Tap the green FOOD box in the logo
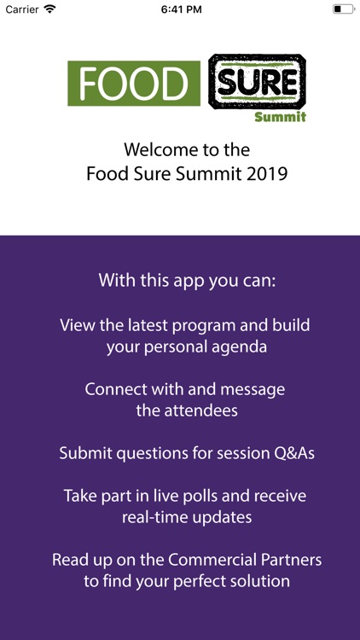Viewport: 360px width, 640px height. coord(134,83)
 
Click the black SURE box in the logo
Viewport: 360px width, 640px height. coord(257,83)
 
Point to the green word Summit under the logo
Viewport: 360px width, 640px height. coord(279,116)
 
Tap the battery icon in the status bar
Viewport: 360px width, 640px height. coord(343,9)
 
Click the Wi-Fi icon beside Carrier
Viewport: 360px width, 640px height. coord(50,9)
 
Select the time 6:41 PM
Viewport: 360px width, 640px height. coord(180,9)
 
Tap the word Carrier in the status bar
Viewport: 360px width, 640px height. coord(23,9)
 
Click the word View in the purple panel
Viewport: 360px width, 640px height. coord(76,325)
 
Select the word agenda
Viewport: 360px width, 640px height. coord(224,347)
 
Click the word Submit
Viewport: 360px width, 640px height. coord(87,453)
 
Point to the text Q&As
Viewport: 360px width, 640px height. coord(292,453)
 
